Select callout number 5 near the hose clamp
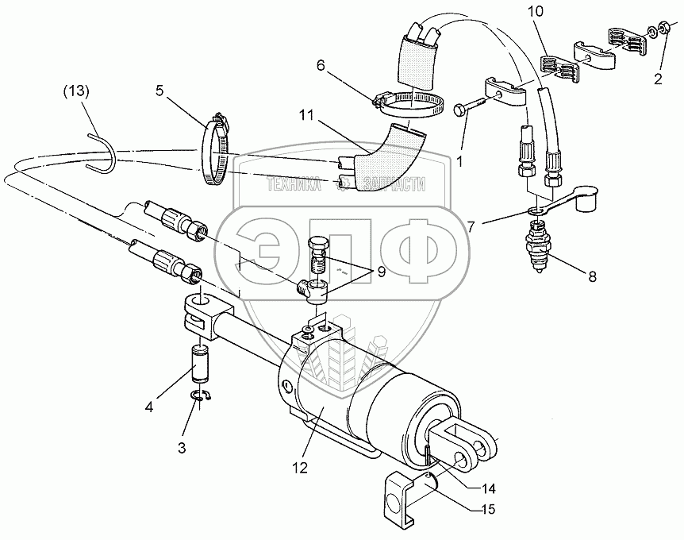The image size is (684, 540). [159, 91]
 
